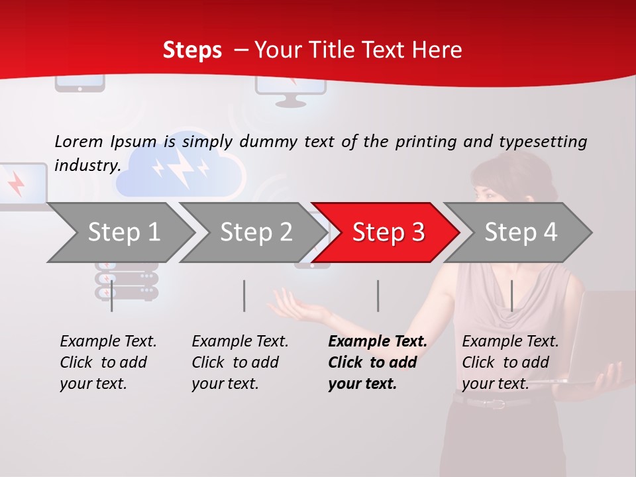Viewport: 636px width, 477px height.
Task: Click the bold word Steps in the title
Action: click(x=192, y=50)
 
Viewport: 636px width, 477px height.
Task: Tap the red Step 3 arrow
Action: click(x=386, y=233)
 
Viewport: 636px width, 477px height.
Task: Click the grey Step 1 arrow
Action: click(x=121, y=233)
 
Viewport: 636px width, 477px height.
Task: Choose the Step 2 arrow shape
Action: click(x=254, y=233)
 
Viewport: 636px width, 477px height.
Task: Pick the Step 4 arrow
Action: click(x=518, y=233)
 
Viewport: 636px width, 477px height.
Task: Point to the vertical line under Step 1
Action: click(x=111, y=295)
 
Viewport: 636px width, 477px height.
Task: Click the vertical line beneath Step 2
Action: click(x=244, y=295)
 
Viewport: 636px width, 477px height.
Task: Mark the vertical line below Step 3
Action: click(x=378, y=295)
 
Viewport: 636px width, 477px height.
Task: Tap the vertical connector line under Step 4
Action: click(x=512, y=295)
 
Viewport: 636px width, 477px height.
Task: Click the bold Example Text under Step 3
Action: click(x=378, y=341)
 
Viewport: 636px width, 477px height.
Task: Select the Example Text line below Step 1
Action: click(x=108, y=341)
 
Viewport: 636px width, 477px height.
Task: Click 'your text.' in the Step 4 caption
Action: click(x=496, y=384)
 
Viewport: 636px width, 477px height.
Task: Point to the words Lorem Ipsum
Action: click(x=105, y=142)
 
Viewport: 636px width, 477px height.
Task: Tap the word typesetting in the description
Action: click(x=543, y=142)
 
